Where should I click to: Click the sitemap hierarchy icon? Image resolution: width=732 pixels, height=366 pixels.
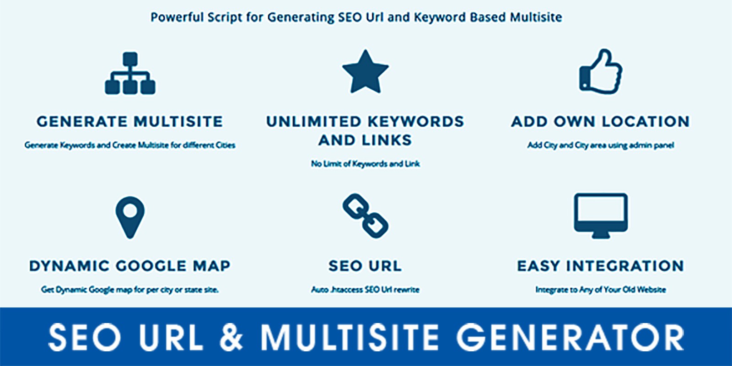point(130,73)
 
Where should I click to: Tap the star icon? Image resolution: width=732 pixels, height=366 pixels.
point(366,71)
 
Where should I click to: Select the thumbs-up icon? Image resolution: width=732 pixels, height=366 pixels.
point(601,71)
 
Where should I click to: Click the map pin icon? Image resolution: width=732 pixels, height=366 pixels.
point(130,217)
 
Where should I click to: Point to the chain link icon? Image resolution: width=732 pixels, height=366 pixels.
point(366,215)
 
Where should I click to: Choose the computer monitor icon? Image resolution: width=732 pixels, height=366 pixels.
point(601,215)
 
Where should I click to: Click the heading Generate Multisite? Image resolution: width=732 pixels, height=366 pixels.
point(130,122)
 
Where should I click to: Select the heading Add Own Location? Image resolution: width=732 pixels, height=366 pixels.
point(601,122)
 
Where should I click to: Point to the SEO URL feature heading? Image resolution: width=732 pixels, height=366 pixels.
point(365,266)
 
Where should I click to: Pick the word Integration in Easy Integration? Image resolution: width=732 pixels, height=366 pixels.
point(625,266)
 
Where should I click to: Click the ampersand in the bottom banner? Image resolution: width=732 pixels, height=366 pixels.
point(231,337)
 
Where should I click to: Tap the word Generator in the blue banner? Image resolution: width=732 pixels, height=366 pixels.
point(570,337)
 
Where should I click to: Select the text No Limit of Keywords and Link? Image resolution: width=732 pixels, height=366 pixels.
point(366,163)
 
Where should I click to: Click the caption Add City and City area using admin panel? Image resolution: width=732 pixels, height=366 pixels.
point(601,145)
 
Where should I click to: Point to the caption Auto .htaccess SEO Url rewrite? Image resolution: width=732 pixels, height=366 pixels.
point(366,290)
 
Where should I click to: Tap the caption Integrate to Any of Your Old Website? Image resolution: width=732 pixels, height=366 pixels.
point(601,290)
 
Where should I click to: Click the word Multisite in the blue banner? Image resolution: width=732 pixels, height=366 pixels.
point(350,337)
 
